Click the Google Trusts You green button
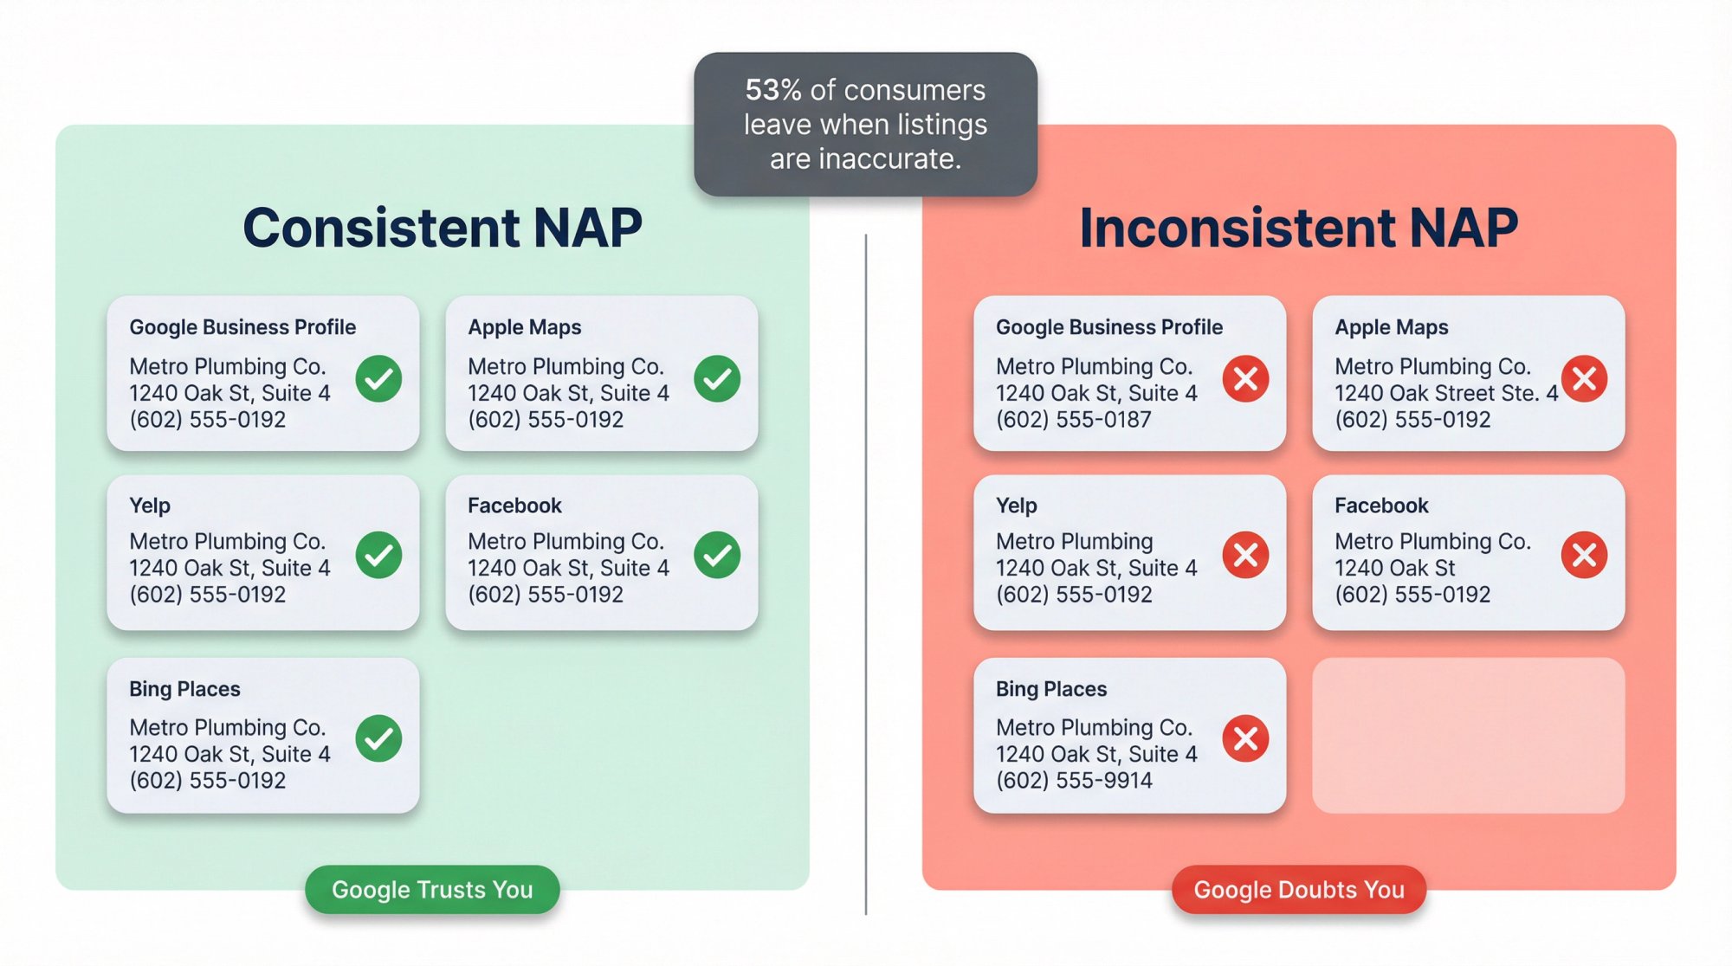point(432,890)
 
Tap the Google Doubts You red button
point(1298,890)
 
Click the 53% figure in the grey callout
point(772,90)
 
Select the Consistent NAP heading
point(442,228)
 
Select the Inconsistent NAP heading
point(1298,228)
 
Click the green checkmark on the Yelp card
point(378,555)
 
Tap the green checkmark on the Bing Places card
point(378,738)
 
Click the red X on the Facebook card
point(1584,555)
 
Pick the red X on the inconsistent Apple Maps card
point(1584,378)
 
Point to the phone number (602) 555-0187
point(1073,420)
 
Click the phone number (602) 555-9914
point(1073,781)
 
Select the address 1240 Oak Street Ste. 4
point(1445,394)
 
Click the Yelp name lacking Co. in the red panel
point(1074,542)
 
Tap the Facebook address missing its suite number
point(1394,569)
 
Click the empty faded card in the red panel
point(1468,735)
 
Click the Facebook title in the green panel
point(514,506)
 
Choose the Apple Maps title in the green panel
point(524,327)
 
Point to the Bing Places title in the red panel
point(1050,689)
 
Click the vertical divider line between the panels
point(866,571)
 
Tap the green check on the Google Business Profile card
point(378,378)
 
